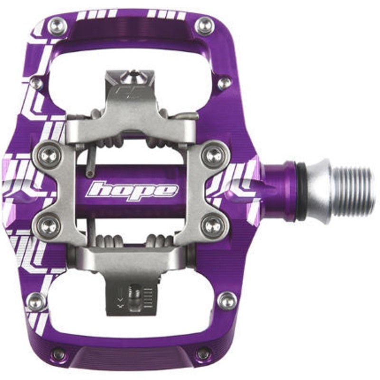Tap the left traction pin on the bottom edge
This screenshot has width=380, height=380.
59,353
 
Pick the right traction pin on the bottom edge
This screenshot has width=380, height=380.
203,353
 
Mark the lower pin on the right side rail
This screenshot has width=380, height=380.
227,300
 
